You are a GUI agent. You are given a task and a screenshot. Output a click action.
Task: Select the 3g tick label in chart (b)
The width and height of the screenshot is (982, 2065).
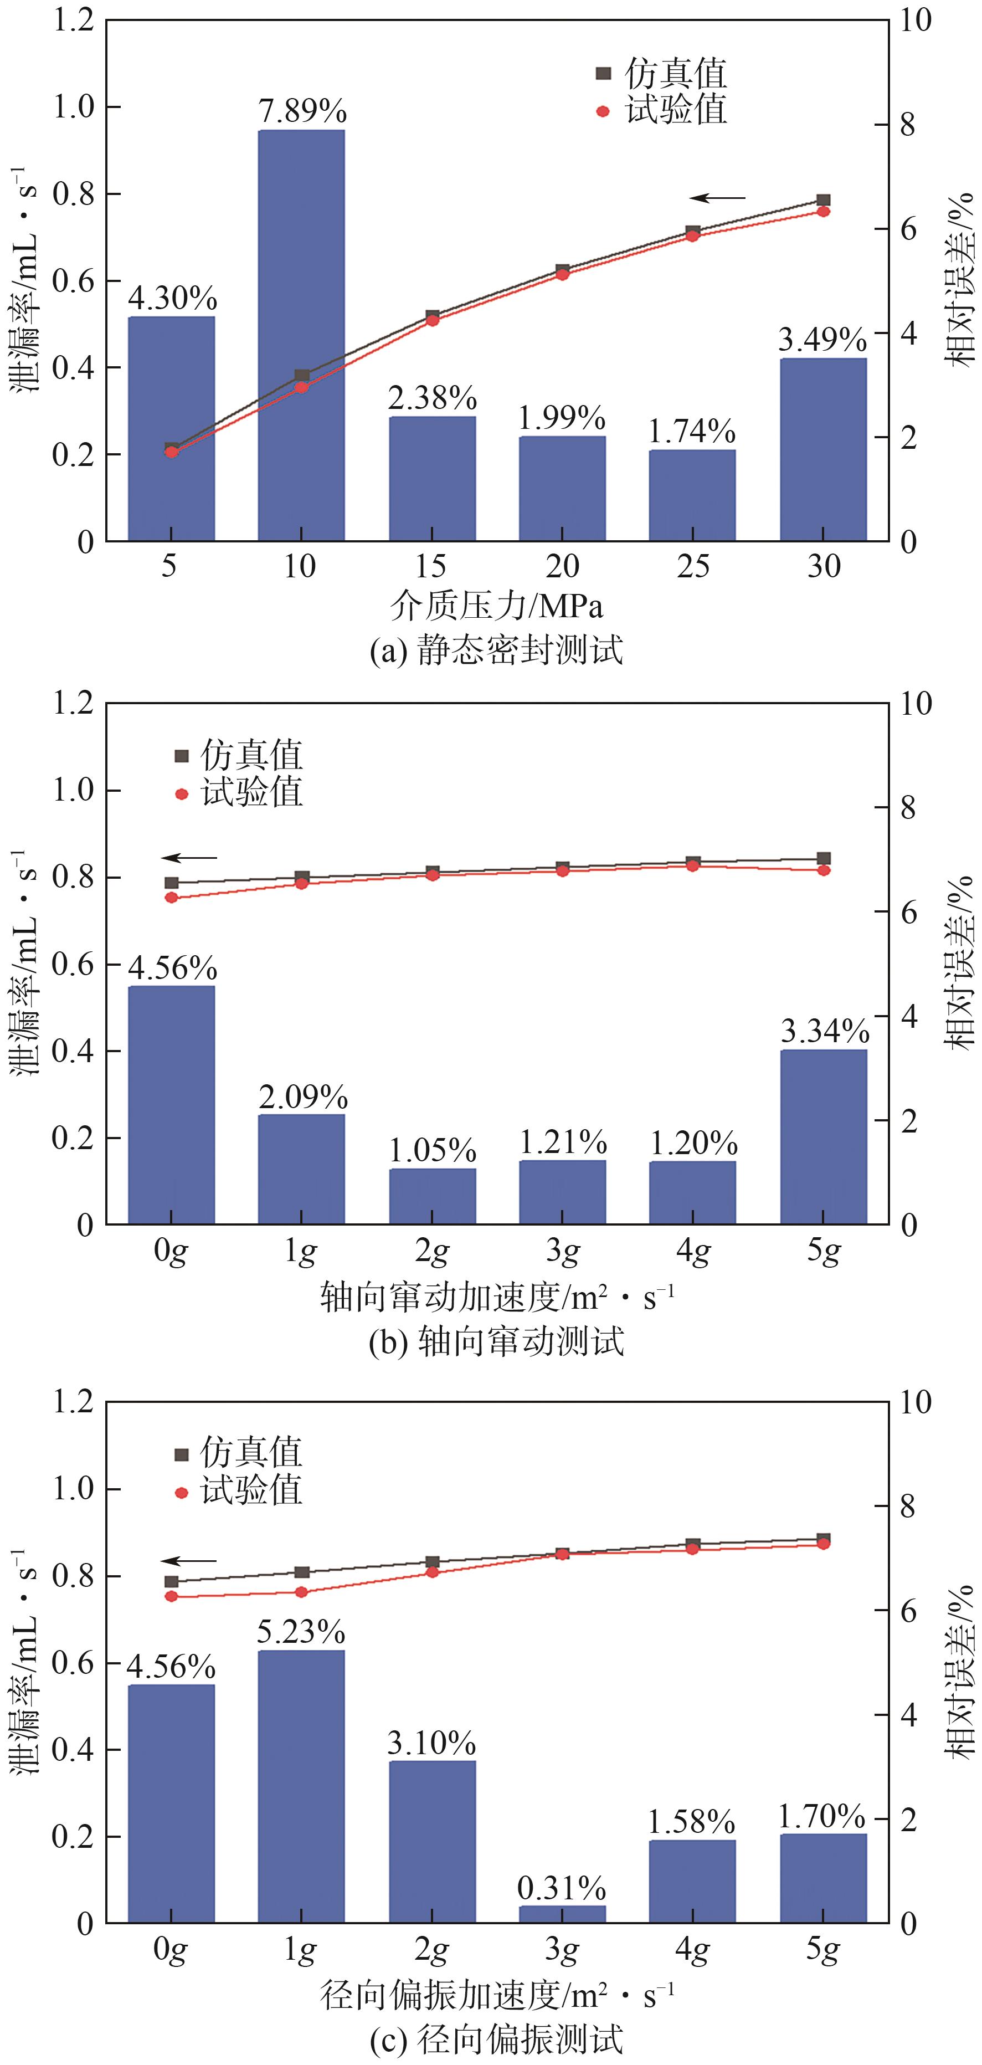click(x=563, y=1251)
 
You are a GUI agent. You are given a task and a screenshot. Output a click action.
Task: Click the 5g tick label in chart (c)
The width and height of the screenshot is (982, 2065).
click(x=823, y=1950)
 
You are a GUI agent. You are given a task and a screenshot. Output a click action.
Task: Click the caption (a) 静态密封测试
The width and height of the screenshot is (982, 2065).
click(x=496, y=650)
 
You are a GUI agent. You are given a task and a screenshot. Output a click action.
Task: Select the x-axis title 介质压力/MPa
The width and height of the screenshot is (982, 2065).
click(x=496, y=606)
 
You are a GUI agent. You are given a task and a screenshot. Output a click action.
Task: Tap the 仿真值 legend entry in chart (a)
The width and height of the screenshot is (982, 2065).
click(x=661, y=74)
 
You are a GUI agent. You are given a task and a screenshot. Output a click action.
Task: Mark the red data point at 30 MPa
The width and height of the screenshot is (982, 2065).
click(x=823, y=212)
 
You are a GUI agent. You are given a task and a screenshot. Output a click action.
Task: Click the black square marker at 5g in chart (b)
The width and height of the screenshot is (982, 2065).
click(x=823, y=859)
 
